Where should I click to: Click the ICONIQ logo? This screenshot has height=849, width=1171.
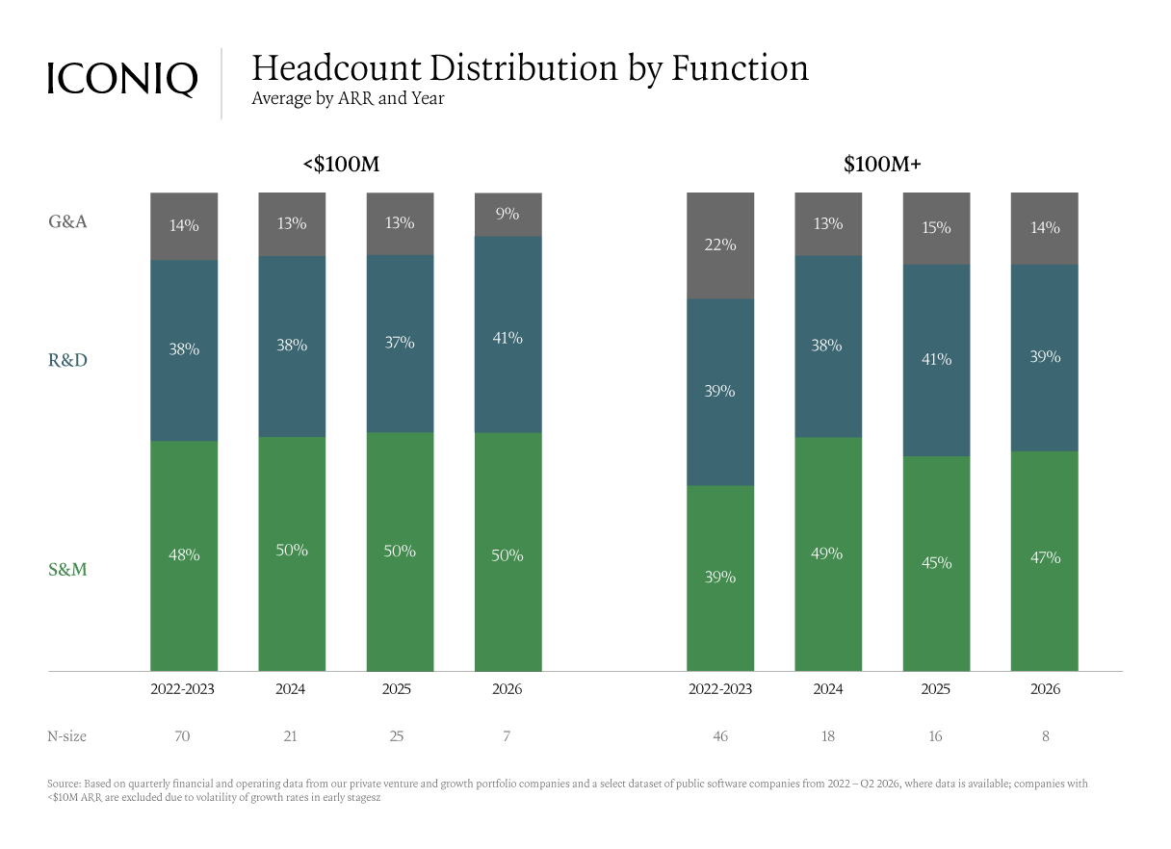(122, 79)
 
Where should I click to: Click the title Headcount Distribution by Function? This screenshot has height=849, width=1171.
(530, 68)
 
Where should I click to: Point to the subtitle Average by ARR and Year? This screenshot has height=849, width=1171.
(348, 99)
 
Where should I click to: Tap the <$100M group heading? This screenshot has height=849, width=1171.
(341, 164)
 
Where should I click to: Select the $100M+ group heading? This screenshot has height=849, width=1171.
(882, 164)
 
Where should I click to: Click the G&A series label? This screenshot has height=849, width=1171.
(67, 221)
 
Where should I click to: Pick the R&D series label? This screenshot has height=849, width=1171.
(67, 360)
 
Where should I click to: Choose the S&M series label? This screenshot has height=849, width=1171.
(67, 569)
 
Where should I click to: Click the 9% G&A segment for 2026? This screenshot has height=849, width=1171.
(507, 215)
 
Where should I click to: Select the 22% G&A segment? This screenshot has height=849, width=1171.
(720, 245)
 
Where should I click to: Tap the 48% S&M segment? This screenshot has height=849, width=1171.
(184, 556)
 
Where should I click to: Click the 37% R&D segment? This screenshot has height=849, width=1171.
(400, 344)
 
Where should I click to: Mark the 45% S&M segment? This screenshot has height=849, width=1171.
(936, 563)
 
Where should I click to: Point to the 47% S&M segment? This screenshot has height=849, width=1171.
(1045, 561)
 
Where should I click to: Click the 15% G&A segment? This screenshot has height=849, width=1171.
(936, 229)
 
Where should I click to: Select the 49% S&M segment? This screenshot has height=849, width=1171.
(828, 553)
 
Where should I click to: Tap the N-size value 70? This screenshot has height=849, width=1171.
(182, 736)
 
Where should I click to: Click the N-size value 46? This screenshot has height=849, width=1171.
(720, 736)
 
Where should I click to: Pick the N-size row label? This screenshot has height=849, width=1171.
(66, 736)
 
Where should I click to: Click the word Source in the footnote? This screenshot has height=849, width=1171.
(64, 784)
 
